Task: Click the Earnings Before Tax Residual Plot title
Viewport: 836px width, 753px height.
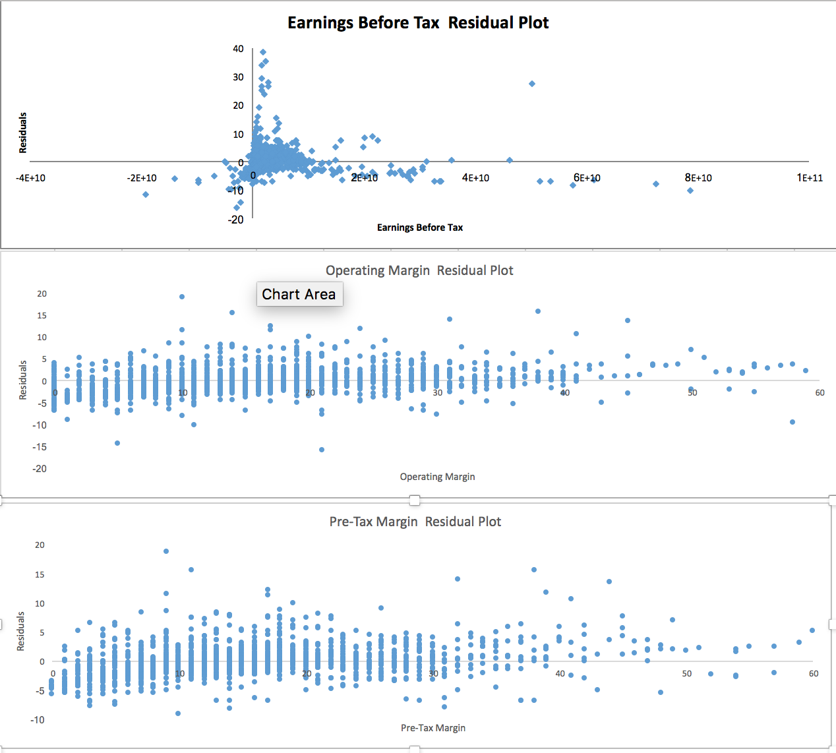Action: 418,22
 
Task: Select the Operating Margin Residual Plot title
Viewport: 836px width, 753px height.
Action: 419,270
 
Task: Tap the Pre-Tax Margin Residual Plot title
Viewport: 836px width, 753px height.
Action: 415,522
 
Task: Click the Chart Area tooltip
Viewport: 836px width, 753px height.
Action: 299,294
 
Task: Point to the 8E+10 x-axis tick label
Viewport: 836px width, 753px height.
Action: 698,177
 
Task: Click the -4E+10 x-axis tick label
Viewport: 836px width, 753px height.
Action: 31,177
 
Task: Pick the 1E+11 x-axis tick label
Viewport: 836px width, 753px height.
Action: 810,177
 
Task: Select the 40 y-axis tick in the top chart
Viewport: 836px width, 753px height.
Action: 238,49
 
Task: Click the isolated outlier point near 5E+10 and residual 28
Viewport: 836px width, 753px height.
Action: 532,84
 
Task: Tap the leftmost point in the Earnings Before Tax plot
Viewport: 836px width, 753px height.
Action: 146,194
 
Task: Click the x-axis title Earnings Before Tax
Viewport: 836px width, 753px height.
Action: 420,227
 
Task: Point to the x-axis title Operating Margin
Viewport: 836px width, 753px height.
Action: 437,477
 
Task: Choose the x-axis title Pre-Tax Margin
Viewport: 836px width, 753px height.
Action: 433,728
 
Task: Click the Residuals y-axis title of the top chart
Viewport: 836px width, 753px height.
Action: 23,133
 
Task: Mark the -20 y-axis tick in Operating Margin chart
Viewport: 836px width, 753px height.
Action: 40,469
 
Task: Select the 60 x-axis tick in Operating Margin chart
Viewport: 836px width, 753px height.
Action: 820,392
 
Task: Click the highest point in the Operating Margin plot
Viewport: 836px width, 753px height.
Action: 182,297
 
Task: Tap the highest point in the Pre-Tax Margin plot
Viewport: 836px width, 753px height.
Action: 166,551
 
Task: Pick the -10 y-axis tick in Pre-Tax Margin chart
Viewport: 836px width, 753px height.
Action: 38,719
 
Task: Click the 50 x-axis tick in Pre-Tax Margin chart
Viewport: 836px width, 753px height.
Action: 687,673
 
